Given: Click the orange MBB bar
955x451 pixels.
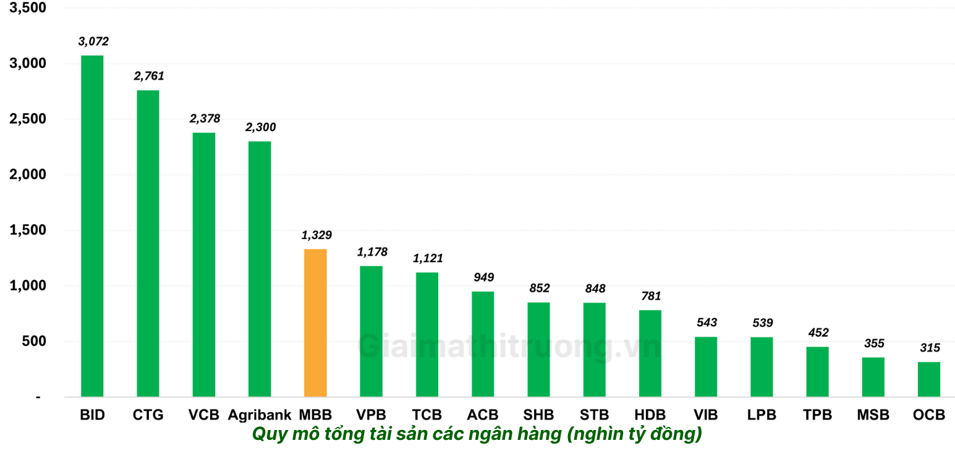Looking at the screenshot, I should (315, 322).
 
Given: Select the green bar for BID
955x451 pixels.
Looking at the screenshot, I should (92, 226).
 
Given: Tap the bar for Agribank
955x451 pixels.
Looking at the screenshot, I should (260, 269).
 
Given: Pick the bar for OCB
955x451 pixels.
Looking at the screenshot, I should (928, 379).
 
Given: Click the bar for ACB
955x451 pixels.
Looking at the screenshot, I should (483, 344).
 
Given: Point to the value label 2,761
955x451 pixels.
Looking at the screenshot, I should (148, 76).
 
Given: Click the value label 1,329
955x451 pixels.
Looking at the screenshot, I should (316, 235).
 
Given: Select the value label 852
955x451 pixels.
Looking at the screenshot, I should (539, 288).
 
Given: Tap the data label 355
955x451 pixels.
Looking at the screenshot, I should (874, 343).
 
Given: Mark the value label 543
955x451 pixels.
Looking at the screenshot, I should (707, 322).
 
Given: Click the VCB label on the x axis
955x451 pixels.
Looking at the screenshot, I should (204, 415).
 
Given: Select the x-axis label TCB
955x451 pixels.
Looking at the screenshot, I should (427, 415).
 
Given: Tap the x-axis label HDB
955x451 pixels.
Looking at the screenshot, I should (650, 415).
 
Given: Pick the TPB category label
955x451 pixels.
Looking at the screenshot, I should (817, 415).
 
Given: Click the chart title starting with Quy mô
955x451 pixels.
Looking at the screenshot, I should (477, 434).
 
